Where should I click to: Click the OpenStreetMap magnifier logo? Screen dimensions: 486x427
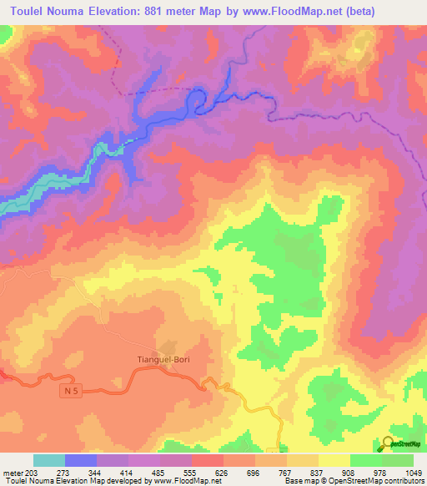click(x=390, y=443)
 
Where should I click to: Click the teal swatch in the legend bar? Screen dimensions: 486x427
click(x=48, y=460)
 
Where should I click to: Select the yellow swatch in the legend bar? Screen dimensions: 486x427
click(x=334, y=460)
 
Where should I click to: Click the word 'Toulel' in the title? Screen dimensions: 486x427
click(x=31, y=12)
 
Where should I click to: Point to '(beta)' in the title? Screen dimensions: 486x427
click(x=362, y=12)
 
